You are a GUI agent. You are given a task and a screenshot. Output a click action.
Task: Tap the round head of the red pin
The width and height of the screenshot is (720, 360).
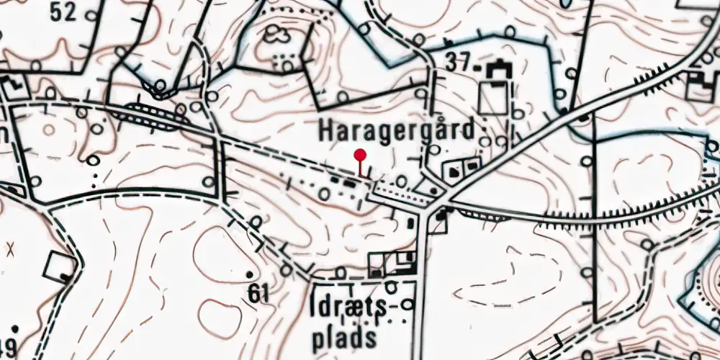[x=360, y=154]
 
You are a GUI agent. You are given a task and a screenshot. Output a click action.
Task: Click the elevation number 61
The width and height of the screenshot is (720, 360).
[x=257, y=293]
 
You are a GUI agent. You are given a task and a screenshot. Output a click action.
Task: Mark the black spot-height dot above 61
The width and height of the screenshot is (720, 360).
[x=250, y=275]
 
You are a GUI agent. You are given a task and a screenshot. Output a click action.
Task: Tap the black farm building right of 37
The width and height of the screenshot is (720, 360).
[x=496, y=71]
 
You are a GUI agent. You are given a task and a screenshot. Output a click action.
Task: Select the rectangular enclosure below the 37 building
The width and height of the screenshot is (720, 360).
[x=493, y=97]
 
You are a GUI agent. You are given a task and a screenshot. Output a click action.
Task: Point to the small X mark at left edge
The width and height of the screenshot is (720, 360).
[x=10, y=248]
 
